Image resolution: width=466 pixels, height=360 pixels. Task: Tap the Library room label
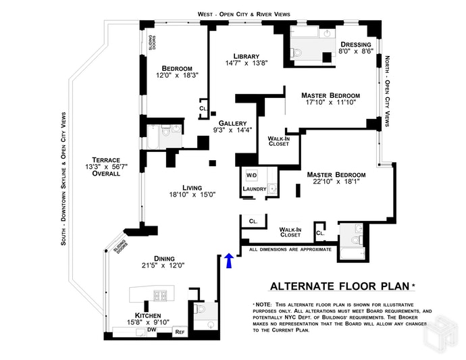pyautogui.click(x=247, y=56)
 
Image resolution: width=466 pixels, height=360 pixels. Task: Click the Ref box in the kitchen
pyautogui.click(x=180, y=332)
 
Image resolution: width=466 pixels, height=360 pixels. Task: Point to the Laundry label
pyautogui.click(x=255, y=189)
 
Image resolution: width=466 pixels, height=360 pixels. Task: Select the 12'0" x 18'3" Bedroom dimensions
pyautogui.click(x=177, y=76)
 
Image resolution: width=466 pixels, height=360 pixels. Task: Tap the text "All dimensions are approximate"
pyautogui.click(x=290, y=249)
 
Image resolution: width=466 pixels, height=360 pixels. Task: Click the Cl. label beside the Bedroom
pyautogui.click(x=203, y=108)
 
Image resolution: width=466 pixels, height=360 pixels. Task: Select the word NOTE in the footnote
pyautogui.click(x=267, y=305)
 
